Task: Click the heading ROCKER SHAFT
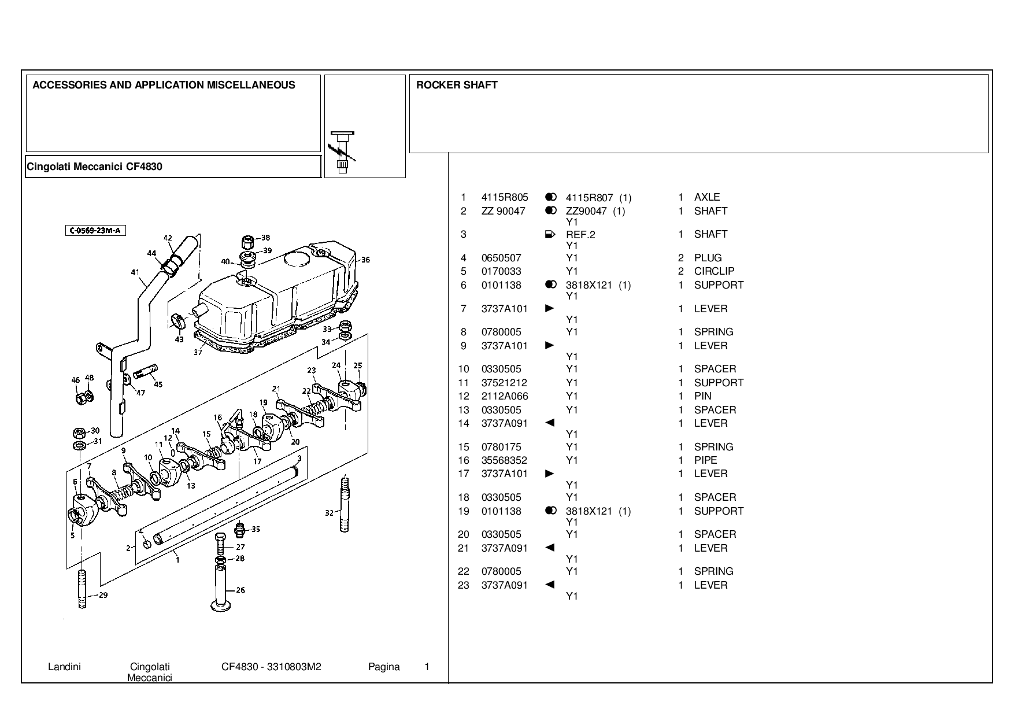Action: click(457, 85)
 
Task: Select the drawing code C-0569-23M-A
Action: click(95, 231)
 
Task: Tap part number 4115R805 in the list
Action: click(505, 197)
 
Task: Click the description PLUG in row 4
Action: click(708, 258)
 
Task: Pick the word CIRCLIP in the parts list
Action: click(715, 271)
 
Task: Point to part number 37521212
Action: click(504, 383)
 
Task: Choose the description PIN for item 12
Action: click(703, 396)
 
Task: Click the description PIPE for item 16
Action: click(706, 460)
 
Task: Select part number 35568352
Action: click(504, 460)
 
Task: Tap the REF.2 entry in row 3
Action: click(580, 235)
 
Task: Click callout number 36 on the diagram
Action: click(365, 260)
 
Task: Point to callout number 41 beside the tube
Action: click(135, 272)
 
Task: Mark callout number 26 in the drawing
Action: click(240, 590)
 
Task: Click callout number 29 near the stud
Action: click(103, 595)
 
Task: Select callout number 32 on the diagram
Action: click(329, 512)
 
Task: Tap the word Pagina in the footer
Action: click(384, 667)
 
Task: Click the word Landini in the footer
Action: click(64, 667)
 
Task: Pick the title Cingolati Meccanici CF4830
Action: click(95, 167)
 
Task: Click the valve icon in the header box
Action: click(343, 152)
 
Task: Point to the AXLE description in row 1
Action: click(707, 197)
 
